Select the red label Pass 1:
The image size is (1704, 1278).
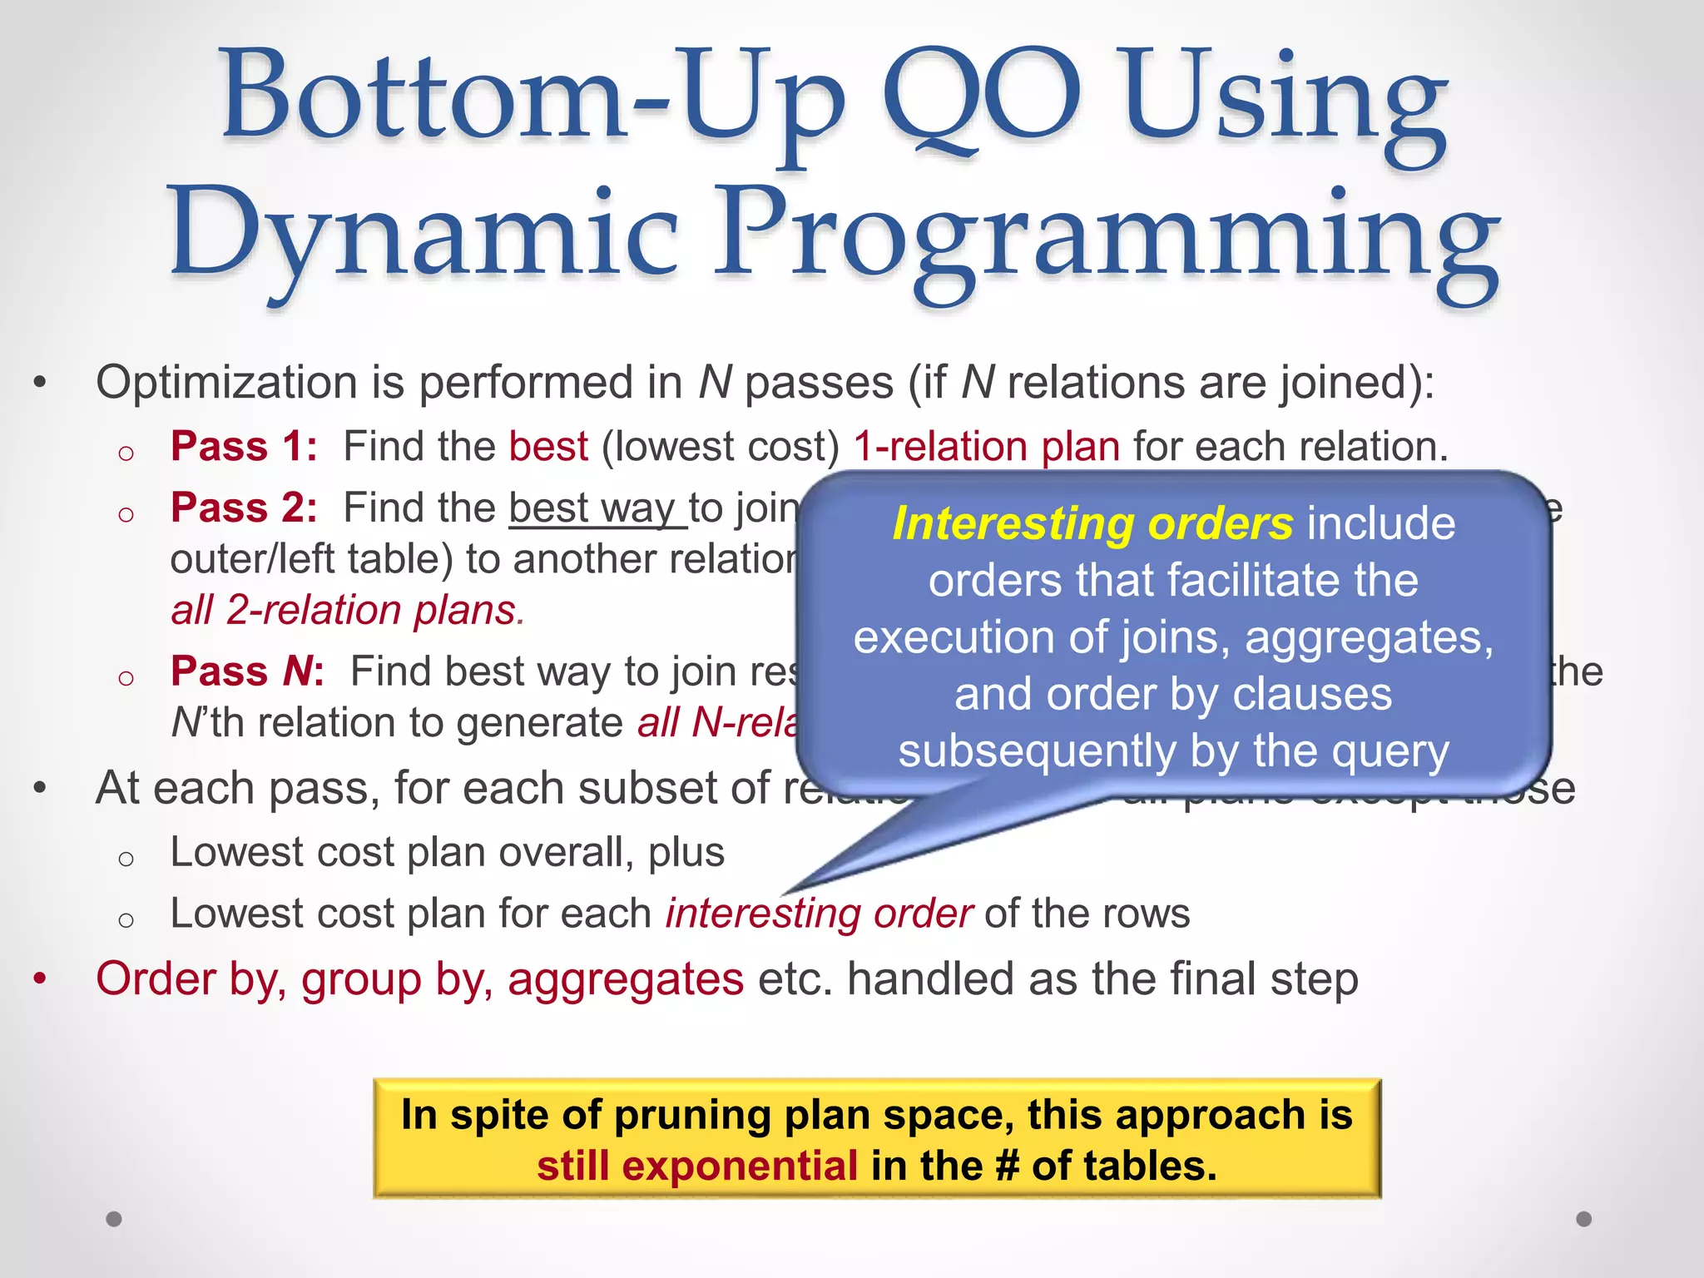click(x=244, y=447)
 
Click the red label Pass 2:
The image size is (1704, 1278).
click(x=244, y=508)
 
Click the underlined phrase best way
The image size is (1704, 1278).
click(x=597, y=508)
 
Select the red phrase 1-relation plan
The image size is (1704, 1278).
click(x=987, y=447)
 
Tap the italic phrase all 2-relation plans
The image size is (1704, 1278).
click(x=347, y=611)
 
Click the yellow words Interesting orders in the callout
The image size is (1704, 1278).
click(x=1092, y=524)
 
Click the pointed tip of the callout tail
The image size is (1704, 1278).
click(x=787, y=891)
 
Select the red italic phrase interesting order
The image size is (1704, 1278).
click(x=819, y=914)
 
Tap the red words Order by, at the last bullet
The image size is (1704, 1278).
click(x=191, y=979)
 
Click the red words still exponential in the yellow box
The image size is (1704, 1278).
click(x=696, y=1166)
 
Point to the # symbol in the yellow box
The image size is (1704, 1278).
click(x=1007, y=1166)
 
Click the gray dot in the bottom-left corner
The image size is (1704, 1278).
click(x=114, y=1219)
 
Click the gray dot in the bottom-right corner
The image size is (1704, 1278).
click(x=1584, y=1219)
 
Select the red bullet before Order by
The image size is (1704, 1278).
click(x=40, y=979)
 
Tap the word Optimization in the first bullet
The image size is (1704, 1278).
click(x=227, y=384)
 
